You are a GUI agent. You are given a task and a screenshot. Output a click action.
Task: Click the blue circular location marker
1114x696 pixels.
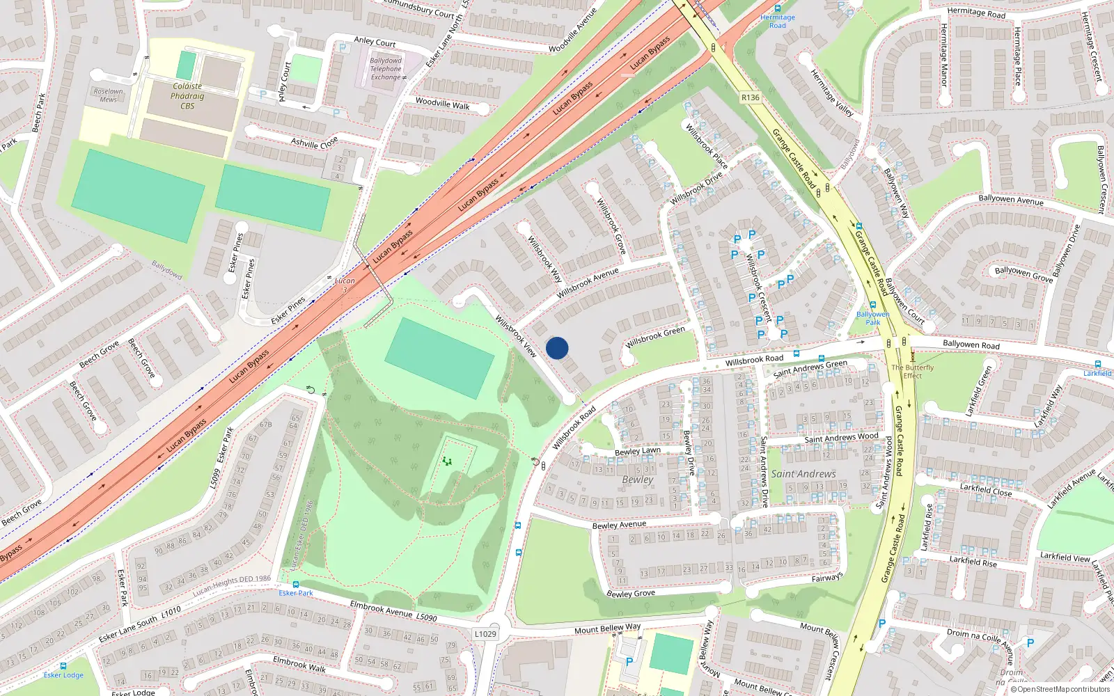pyautogui.click(x=557, y=348)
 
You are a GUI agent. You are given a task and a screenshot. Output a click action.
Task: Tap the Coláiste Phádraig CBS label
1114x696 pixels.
pyautogui.click(x=187, y=96)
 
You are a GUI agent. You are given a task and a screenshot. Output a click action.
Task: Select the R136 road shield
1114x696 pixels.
pyautogui.click(x=751, y=97)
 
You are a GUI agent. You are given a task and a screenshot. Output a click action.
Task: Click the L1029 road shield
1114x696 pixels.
pyautogui.click(x=485, y=634)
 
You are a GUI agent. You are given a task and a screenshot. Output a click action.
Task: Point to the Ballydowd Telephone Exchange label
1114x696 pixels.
pyautogui.click(x=386, y=69)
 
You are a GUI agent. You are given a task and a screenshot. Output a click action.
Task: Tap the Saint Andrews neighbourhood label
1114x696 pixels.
pyautogui.click(x=803, y=474)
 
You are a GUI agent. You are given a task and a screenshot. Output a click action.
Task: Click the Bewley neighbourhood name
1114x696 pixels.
pyautogui.click(x=638, y=480)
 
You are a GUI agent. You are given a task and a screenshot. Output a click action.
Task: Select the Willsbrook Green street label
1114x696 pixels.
pyautogui.click(x=655, y=337)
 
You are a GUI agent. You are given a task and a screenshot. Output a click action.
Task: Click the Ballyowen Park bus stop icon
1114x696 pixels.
pyautogui.click(x=872, y=305)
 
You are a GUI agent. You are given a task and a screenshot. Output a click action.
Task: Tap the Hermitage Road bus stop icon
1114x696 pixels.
pyautogui.click(x=778, y=8)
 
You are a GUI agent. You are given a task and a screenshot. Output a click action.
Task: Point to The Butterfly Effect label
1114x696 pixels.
pyautogui.click(x=913, y=371)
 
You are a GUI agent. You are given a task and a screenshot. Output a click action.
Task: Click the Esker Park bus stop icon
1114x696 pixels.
pyautogui.click(x=296, y=585)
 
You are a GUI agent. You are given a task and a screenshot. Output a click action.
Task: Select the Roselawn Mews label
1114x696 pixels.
pyautogui.click(x=108, y=95)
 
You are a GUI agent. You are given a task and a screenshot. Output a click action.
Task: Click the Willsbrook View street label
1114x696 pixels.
pyautogui.click(x=516, y=337)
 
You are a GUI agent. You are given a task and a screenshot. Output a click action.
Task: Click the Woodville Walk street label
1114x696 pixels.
pyautogui.click(x=442, y=104)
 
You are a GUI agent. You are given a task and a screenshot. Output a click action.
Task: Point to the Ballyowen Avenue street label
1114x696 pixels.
pyautogui.click(x=1011, y=200)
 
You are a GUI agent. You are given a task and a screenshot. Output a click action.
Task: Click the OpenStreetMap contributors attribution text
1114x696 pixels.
pyautogui.click(x=1061, y=690)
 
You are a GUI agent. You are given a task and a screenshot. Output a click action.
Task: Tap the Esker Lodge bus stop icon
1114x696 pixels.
pyautogui.click(x=63, y=666)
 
